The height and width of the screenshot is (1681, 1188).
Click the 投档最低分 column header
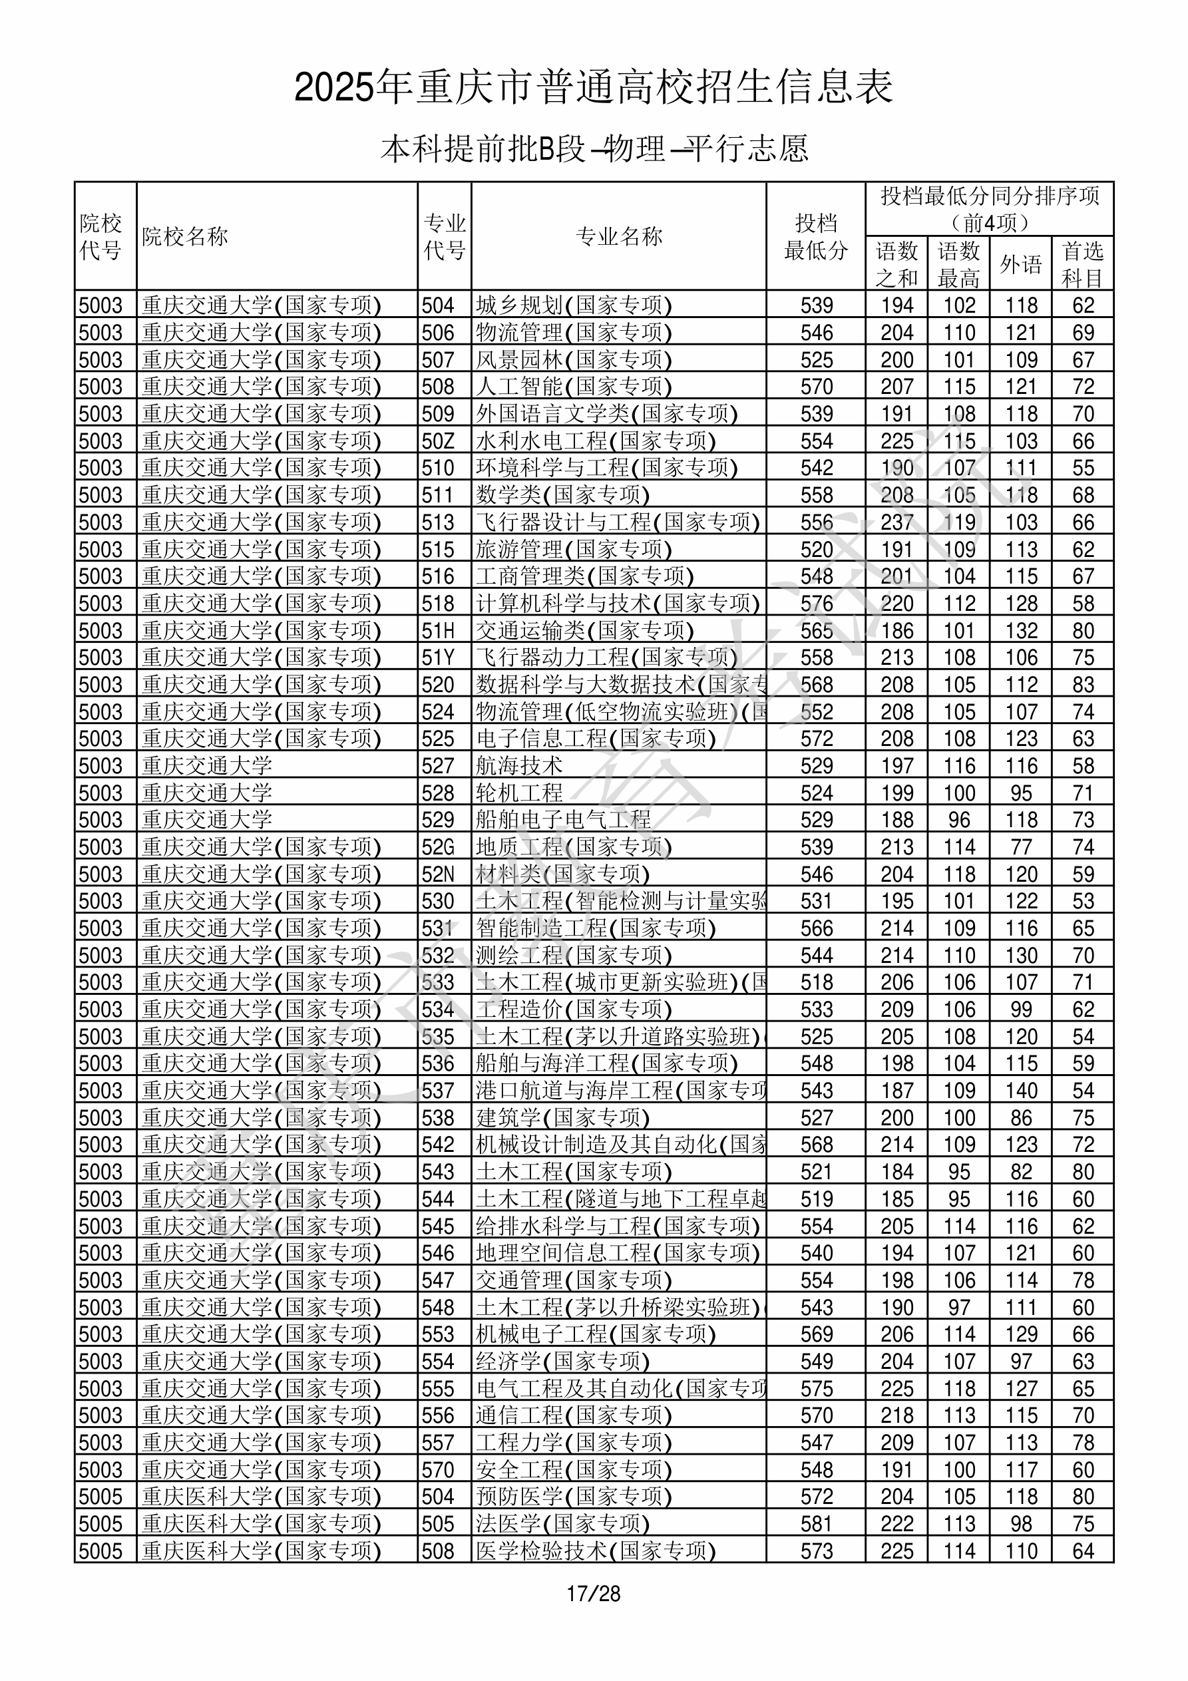(x=815, y=236)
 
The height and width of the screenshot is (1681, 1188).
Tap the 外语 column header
(x=1020, y=264)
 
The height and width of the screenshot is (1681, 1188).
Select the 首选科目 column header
(x=1083, y=264)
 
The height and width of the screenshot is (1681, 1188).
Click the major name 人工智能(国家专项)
(x=574, y=387)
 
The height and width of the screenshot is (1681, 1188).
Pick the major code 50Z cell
(x=438, y=441)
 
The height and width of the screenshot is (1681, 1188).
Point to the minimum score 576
(x=816, y=604)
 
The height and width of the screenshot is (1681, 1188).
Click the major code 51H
(x=438, y=630)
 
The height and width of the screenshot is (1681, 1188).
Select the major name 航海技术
(x=519, y=766)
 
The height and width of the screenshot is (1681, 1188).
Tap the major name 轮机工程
(x=519, y=793)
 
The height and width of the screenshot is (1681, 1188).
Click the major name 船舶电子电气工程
(x=562, y=820)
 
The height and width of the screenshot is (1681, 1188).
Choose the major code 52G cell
(x=438, y=847)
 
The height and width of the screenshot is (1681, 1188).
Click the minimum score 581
(x=816, y=1523)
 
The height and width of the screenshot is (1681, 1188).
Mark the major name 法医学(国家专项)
(x=562, y=1523)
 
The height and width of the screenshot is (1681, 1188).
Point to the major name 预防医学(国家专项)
(x=574, y=1497)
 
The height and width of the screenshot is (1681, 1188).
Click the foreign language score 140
(x=1021, y=1090)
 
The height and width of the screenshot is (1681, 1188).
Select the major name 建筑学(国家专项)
(x=562, y=1118)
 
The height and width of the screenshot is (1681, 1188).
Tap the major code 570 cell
(x=438, y=1469)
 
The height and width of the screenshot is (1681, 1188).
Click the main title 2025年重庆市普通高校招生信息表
(x=593, y=87)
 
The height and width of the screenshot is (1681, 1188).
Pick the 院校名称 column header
(x=185, y=236)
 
